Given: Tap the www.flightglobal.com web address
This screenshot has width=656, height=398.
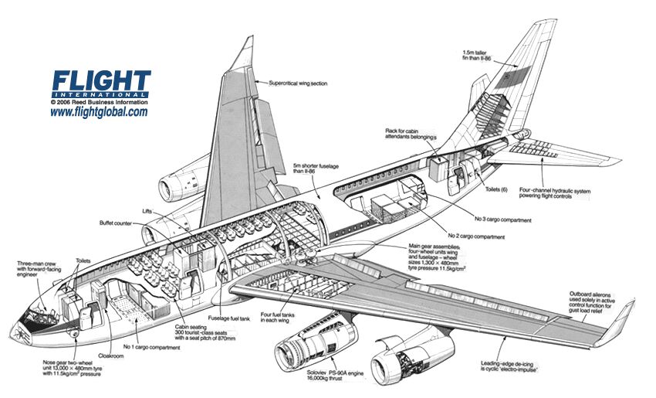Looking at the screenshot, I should click(x=99, y=112).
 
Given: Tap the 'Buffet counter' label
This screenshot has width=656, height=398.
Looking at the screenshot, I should click(x=116, y=224).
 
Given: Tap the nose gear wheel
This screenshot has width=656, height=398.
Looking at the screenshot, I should click(x=75, y=334).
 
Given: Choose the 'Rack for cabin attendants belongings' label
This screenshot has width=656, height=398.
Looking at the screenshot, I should click(x=412, y=134).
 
